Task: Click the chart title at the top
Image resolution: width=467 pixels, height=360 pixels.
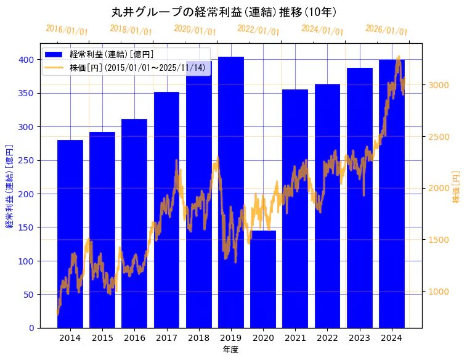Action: [x=224, y=12]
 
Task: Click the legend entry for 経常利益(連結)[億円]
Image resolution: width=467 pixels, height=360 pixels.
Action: [x=112, y=55]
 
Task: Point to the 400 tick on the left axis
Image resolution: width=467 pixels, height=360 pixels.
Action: [x=25, y=60]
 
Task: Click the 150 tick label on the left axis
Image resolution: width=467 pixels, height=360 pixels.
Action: [x=25, y=227]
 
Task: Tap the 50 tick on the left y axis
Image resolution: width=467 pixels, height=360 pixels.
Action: [x=28, y=295]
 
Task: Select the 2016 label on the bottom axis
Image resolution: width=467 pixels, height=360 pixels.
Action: [x=134, y=338]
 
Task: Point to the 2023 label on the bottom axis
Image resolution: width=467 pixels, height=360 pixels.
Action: [x=359, y=338]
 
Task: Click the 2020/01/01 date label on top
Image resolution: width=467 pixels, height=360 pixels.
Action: [x=195, y=30]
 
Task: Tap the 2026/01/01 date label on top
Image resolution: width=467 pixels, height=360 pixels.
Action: [x=386, y=30]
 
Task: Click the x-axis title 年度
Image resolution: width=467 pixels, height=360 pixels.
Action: [x=230, y=350]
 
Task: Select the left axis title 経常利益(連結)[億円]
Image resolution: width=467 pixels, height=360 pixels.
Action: [x=9, y=187]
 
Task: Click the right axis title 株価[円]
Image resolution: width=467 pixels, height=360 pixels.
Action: [x=457, y=187]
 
